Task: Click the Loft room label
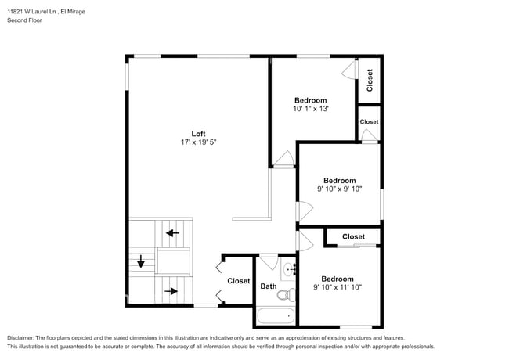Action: click(199, 133)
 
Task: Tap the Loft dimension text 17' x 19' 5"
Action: click(199, 142)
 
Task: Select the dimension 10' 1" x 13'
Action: click(311, 109)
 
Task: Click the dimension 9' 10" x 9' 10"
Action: click(340, 189)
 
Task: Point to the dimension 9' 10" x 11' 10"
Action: click(337, 287)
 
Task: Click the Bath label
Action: click(269, 286)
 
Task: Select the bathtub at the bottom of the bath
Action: click(276, 317)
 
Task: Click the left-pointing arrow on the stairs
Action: click(171, 232)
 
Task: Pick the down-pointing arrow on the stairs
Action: click(141, 262)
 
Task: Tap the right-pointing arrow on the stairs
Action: click(171, 291)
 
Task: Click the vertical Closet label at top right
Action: click(370, 79)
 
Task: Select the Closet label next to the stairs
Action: click(239, 281)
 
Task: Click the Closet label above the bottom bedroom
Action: click(353, 236)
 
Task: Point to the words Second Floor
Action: click(24, 20)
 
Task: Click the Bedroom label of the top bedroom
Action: click(311, 100)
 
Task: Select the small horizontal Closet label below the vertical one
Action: click(369, 122)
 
